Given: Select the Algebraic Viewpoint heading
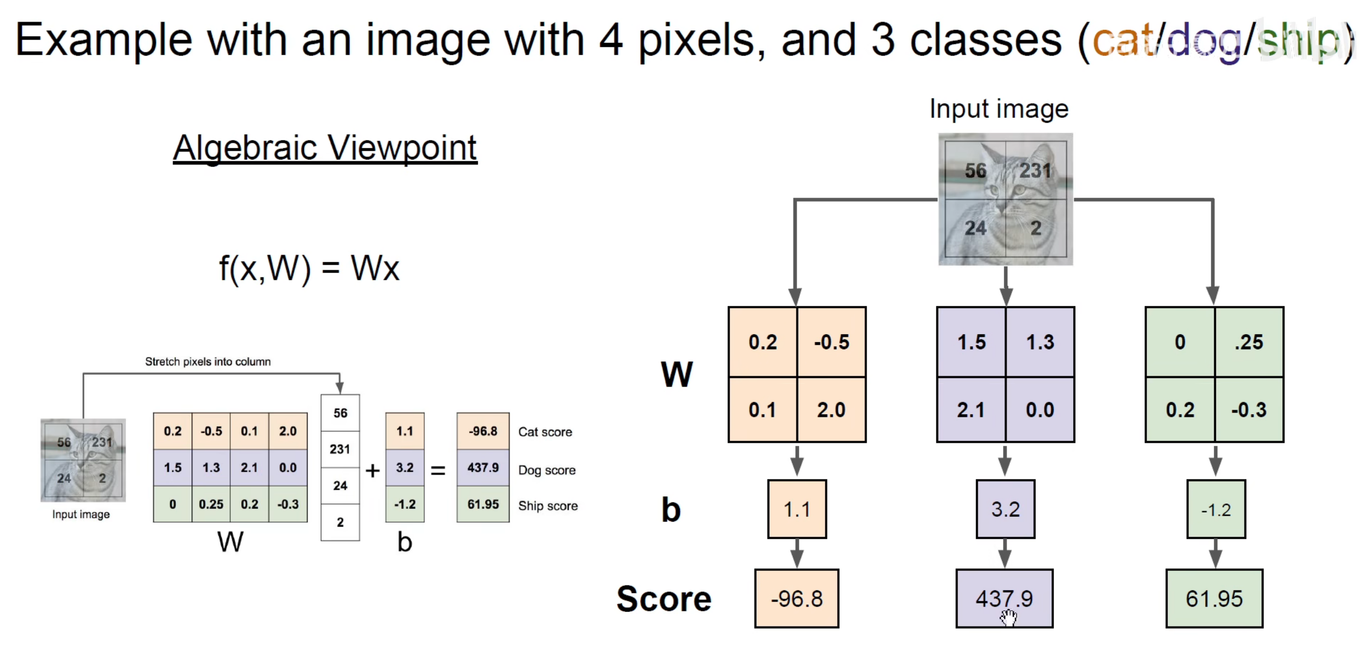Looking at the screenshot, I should [325, 148].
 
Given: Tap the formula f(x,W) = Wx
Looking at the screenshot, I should [309, 268].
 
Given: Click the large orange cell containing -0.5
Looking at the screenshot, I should [831, 342].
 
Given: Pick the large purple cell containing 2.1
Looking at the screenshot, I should [970, 410].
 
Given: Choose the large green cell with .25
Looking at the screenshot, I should [1248, 342].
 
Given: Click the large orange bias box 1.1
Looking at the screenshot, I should [797, 509].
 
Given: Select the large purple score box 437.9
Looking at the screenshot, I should [1004, 598].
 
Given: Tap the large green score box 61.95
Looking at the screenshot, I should [1214, 598].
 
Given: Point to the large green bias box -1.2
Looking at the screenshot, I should [1215, 509].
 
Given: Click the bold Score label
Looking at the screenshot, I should [664, 599].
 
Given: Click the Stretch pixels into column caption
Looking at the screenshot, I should [208, 362].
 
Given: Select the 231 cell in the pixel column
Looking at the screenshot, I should [340, 449].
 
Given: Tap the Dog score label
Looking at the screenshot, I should [546, 470].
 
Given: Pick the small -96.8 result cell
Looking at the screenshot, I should [482, 431].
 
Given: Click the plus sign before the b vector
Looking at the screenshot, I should [372, 471].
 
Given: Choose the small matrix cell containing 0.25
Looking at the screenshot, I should [211, 504].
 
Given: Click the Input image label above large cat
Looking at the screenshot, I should [999, 109].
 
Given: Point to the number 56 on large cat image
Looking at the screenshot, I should [975, 171].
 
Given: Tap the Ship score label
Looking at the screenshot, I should [547, 506].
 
